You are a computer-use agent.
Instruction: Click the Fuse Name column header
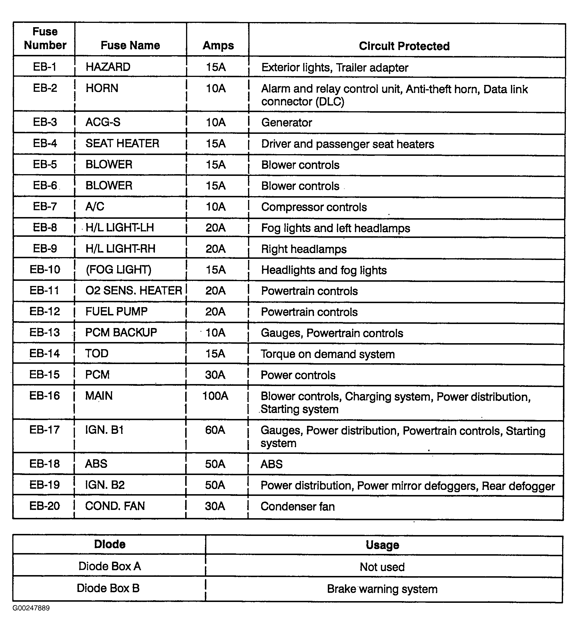(130, 45)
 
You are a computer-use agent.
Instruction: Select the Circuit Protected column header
(404, 46)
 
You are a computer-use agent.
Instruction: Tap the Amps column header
(218, 45)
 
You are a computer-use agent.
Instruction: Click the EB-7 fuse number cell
(45, 206)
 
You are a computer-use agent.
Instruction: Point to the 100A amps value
(215, 396)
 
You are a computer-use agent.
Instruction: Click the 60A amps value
(215, 430)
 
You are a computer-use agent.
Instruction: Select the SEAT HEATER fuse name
(122, 143)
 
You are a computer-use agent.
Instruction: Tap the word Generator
(287, 123)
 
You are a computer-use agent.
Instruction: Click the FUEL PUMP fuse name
(116, 311)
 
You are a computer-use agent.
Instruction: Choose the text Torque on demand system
(328, 354)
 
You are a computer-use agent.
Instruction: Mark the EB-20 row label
(45, 506)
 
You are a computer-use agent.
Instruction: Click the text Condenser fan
(298, 506)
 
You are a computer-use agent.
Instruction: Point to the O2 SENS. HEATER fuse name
(133, 290)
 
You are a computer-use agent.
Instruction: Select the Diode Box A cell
(110, 566)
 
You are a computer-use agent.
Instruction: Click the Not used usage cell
(382, 567)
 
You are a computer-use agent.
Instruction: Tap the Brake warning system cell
(382, 589)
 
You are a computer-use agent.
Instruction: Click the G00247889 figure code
(31, 608)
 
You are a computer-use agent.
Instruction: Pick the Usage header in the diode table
(382, 545)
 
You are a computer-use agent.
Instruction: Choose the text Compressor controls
(314, 207)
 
